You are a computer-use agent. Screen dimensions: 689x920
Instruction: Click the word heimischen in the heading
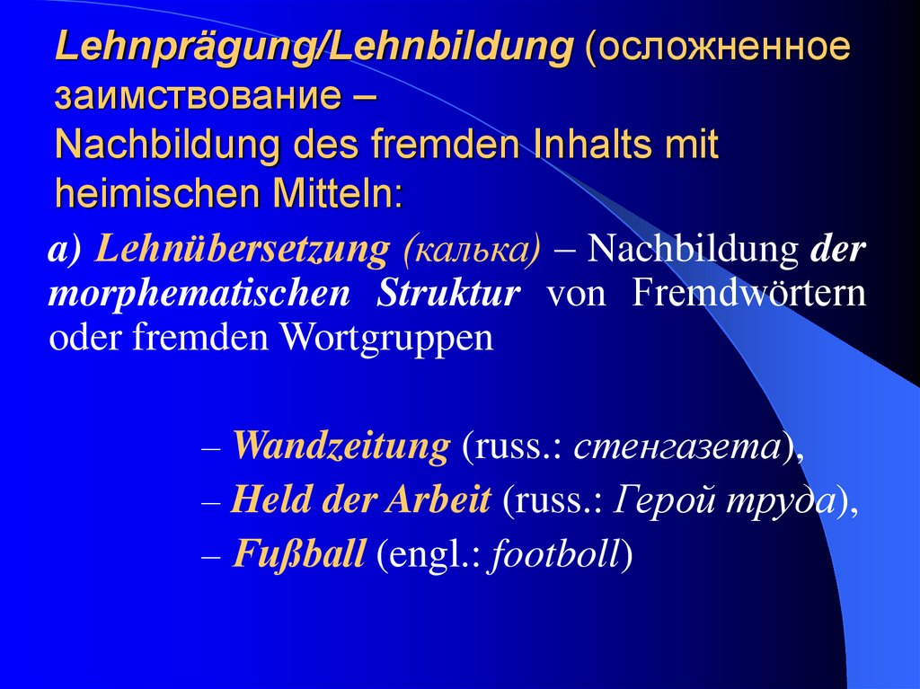pyautogui.click(x=154, y=193)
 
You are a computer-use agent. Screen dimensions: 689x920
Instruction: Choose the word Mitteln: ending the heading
pyautogui.click(x=333, y=193)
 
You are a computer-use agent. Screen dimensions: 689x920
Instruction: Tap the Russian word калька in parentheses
pyautogui.click(x=472, y=249)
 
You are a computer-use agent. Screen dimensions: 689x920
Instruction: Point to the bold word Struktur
pyautogui.click(x=449, y=294)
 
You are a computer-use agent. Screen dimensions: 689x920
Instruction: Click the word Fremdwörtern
pyautogui.click(x=749, y=294)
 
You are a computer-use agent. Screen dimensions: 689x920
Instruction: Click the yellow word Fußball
pyautogui.click(x=298, y=554)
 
